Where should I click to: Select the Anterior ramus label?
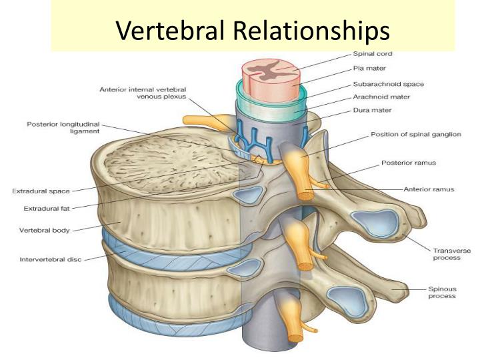point(429,189)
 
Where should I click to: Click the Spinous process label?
point(443,292)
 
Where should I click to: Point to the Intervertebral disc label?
point(51,259)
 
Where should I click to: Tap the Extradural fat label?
point(47,208)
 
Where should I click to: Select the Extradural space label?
point(41,191)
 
